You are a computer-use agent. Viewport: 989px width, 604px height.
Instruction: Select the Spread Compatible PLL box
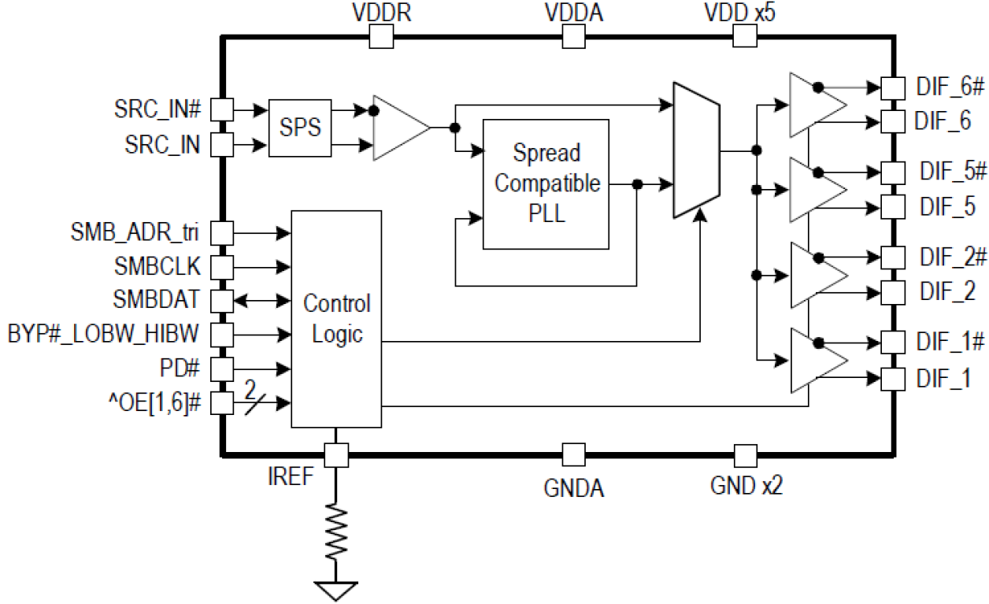click(546, 184)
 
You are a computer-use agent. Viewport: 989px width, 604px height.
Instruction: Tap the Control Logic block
click(336, 319)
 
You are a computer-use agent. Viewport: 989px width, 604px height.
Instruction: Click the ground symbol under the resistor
click(336, 590)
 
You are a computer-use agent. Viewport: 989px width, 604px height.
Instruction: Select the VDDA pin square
click(573, 35)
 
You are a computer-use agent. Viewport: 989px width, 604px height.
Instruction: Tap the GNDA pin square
click(573, 455)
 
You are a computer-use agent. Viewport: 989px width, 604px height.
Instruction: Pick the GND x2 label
click(746, 486)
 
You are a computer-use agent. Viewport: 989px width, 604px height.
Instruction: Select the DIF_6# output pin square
click(891, 87)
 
